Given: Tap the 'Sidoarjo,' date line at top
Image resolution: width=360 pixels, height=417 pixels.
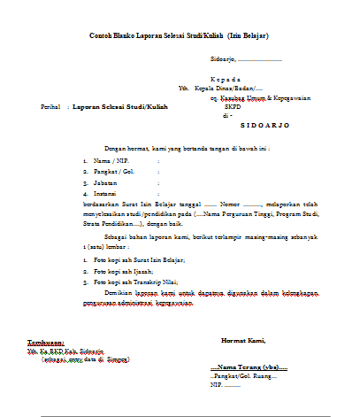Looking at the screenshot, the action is pyautogui.click(x=246, y=59).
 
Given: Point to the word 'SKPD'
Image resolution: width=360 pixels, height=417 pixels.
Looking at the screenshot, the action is pyautogui.click(x=232, y=107).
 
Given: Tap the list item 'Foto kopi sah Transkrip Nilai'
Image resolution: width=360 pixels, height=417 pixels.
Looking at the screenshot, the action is pyautogui.click(x=141, y=282).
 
